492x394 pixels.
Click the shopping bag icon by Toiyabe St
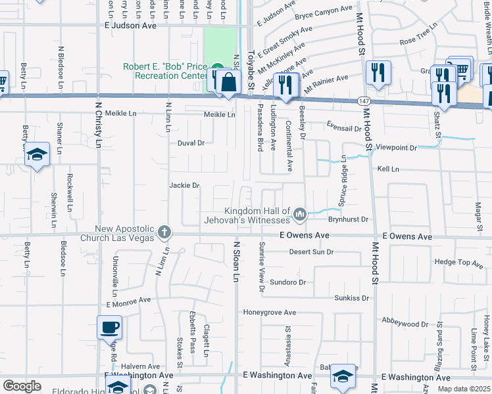coord(228,83)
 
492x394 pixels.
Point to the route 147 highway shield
coord(364,100)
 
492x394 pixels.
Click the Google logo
coord(22,386)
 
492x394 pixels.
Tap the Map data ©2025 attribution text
coord(464,389)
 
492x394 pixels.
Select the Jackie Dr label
coord(184,186)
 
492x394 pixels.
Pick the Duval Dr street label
coord(191,142)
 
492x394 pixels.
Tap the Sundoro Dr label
coord(289,282)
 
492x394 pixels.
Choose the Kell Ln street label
coord(388,169)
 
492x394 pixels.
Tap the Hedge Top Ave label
coord(458,262)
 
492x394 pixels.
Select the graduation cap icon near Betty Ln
coord(37,155)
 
